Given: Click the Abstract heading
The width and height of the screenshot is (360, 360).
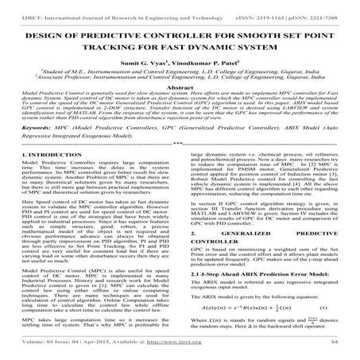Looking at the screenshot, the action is point(180,92).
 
